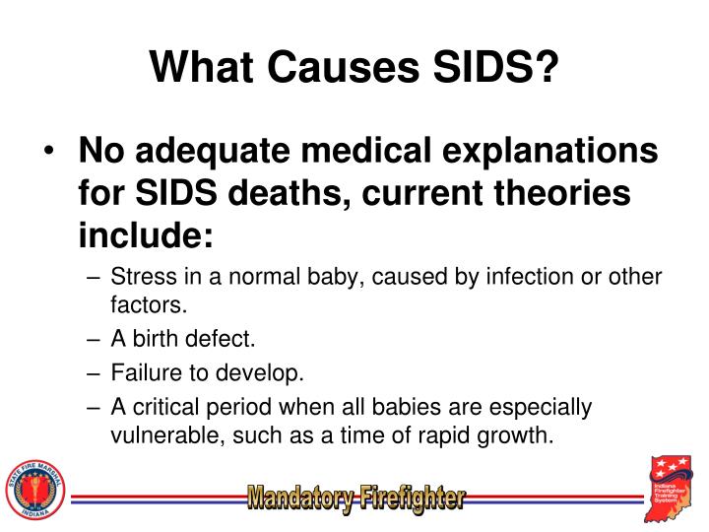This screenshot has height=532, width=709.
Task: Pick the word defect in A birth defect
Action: (224, 340)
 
